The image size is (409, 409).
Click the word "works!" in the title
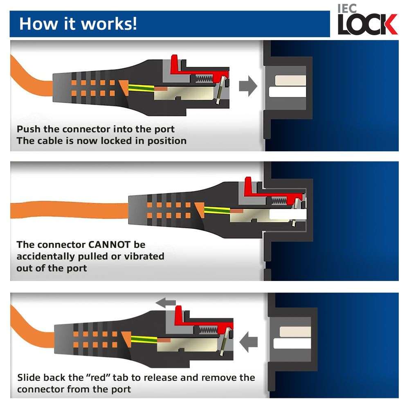(x=109, y=24)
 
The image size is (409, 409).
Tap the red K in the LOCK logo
(x=388, y=24)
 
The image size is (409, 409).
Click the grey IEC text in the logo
(x=347, y=8)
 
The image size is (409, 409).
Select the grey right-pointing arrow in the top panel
(x=248, y=86)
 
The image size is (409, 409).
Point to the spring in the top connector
(x=204, y=79)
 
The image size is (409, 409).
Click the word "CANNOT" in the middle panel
(x=109, y=245)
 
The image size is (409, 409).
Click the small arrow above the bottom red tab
(x=166, y=303)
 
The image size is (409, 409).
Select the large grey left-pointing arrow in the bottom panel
(x=248, y=342)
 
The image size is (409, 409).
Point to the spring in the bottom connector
(x=208, y=330)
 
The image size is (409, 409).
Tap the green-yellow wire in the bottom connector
(x=144, y=339)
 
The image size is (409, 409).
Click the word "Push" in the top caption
(x=29, y=129)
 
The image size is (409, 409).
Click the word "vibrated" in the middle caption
(x=144, y=256)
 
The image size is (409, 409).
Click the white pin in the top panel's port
(x=287, y=92)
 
